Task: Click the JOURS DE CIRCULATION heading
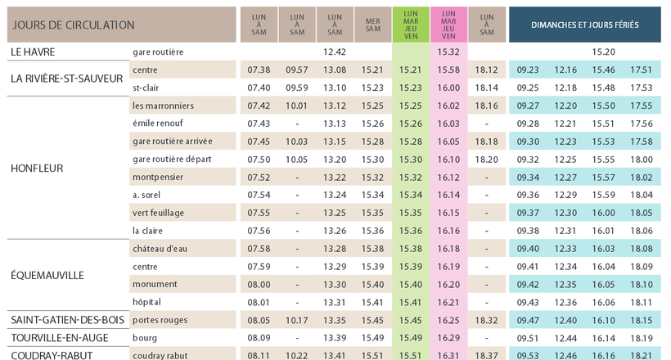74,25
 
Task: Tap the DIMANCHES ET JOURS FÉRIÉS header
584,25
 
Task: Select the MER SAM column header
372,25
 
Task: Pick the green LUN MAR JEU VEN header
410,25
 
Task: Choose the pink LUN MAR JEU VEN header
448,25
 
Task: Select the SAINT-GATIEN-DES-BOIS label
67,320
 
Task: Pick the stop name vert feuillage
158,213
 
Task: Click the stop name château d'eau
160,249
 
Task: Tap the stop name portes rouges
160,320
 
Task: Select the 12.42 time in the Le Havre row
335,52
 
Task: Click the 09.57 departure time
296,70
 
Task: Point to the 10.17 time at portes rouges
296,320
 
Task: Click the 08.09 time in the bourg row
258,338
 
